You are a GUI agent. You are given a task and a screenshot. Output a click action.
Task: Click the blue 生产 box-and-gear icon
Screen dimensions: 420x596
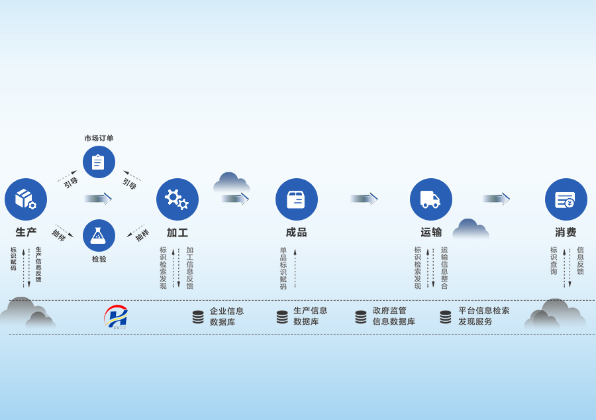[26, 199]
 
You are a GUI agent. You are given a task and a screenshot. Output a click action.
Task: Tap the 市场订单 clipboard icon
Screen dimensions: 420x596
[99, 162]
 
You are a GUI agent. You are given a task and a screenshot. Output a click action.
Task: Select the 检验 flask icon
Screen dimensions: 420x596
[99, 235]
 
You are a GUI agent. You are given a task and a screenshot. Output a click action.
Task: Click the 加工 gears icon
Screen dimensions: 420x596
[177, 199]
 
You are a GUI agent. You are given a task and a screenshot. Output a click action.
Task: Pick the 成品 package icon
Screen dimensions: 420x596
[297, 199]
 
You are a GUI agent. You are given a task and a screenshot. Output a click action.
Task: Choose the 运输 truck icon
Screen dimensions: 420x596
[431, 199]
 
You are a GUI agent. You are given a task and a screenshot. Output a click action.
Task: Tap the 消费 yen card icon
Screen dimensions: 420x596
[566, 199]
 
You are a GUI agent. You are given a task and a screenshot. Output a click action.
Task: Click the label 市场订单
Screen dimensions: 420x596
[99, 138]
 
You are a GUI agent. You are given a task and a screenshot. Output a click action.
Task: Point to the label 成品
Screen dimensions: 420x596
[297, 233]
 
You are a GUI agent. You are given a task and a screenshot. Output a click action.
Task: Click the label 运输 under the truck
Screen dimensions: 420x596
[431, 233]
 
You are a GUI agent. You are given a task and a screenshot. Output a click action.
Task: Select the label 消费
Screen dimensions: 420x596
[566, 233]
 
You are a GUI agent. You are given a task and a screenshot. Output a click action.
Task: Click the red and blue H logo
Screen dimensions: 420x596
[117, 317]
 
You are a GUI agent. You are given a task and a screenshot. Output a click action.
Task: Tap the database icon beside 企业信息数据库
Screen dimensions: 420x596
[198, 317]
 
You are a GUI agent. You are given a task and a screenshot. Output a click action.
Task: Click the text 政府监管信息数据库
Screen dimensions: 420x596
[394, 316]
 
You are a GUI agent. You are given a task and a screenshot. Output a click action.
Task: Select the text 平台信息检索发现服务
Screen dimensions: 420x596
[484, 316]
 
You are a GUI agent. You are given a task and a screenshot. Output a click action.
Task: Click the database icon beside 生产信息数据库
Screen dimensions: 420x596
[282, 317]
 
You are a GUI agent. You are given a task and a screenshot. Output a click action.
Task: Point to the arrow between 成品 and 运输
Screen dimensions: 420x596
[364, 199]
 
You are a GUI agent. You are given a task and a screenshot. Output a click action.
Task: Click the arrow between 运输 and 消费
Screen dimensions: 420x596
[496, 199]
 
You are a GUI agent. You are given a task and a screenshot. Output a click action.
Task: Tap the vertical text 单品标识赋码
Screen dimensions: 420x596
[283, 268]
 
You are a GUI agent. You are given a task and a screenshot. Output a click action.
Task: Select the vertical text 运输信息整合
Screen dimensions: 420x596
[444, 268]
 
